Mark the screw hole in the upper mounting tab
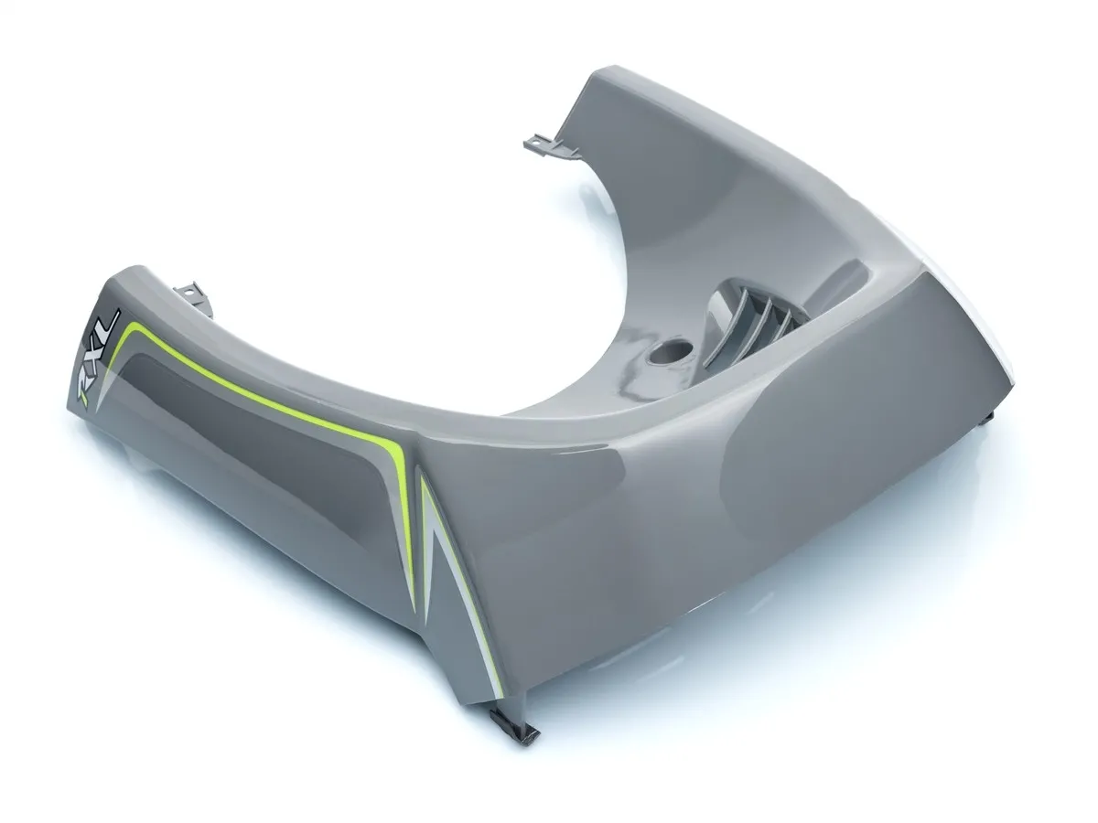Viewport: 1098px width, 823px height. tap(539, 143)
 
